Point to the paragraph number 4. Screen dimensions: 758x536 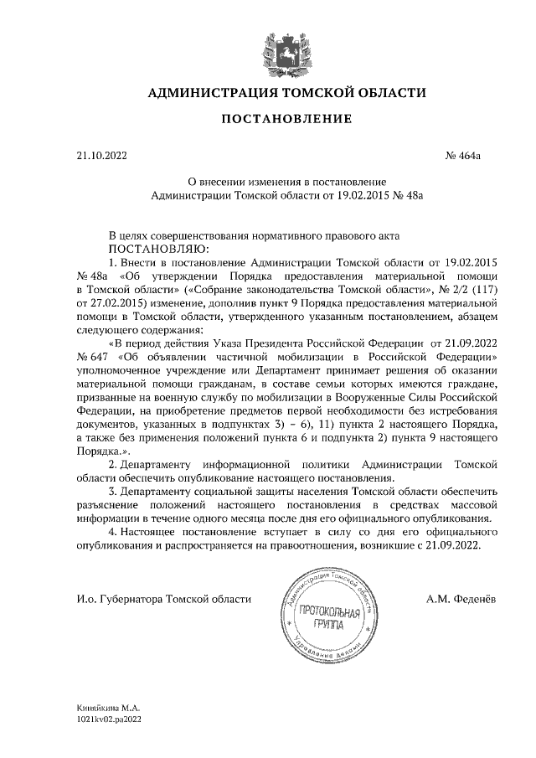pyautogui.click(x=113, y=531)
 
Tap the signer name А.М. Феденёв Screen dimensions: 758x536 pyautogui.click(x=462, y=599)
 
